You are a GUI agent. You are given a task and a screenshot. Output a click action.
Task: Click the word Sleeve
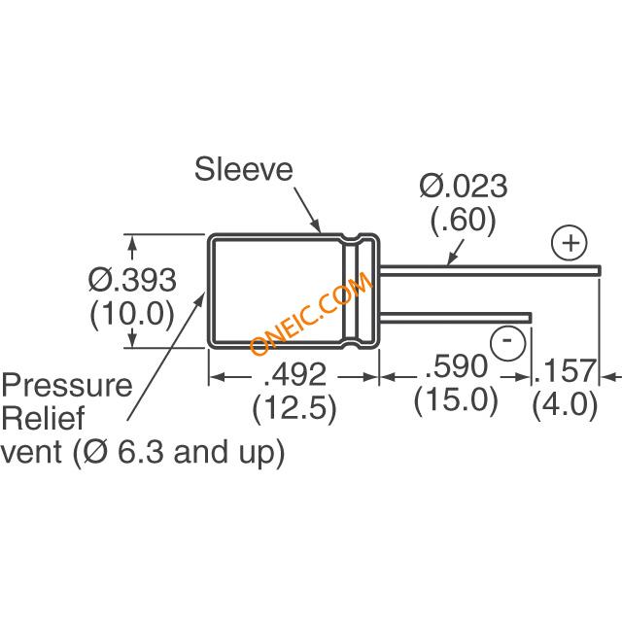click(243, 170)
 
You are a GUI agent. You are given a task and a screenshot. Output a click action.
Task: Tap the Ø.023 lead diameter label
click(463, 186)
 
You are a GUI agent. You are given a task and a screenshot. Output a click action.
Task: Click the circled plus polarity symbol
click(569, 241)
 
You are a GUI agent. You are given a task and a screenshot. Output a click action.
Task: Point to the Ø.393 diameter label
click(132, 281)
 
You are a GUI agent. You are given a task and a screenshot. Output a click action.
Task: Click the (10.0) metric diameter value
click(131, 315)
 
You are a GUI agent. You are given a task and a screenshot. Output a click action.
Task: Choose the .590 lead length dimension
click(454, 369)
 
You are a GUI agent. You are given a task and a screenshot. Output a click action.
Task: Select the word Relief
click(44, 420)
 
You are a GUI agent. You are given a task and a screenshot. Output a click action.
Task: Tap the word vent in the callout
click(34, 453)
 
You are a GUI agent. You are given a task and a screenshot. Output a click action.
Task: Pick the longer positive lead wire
click(486, 265)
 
